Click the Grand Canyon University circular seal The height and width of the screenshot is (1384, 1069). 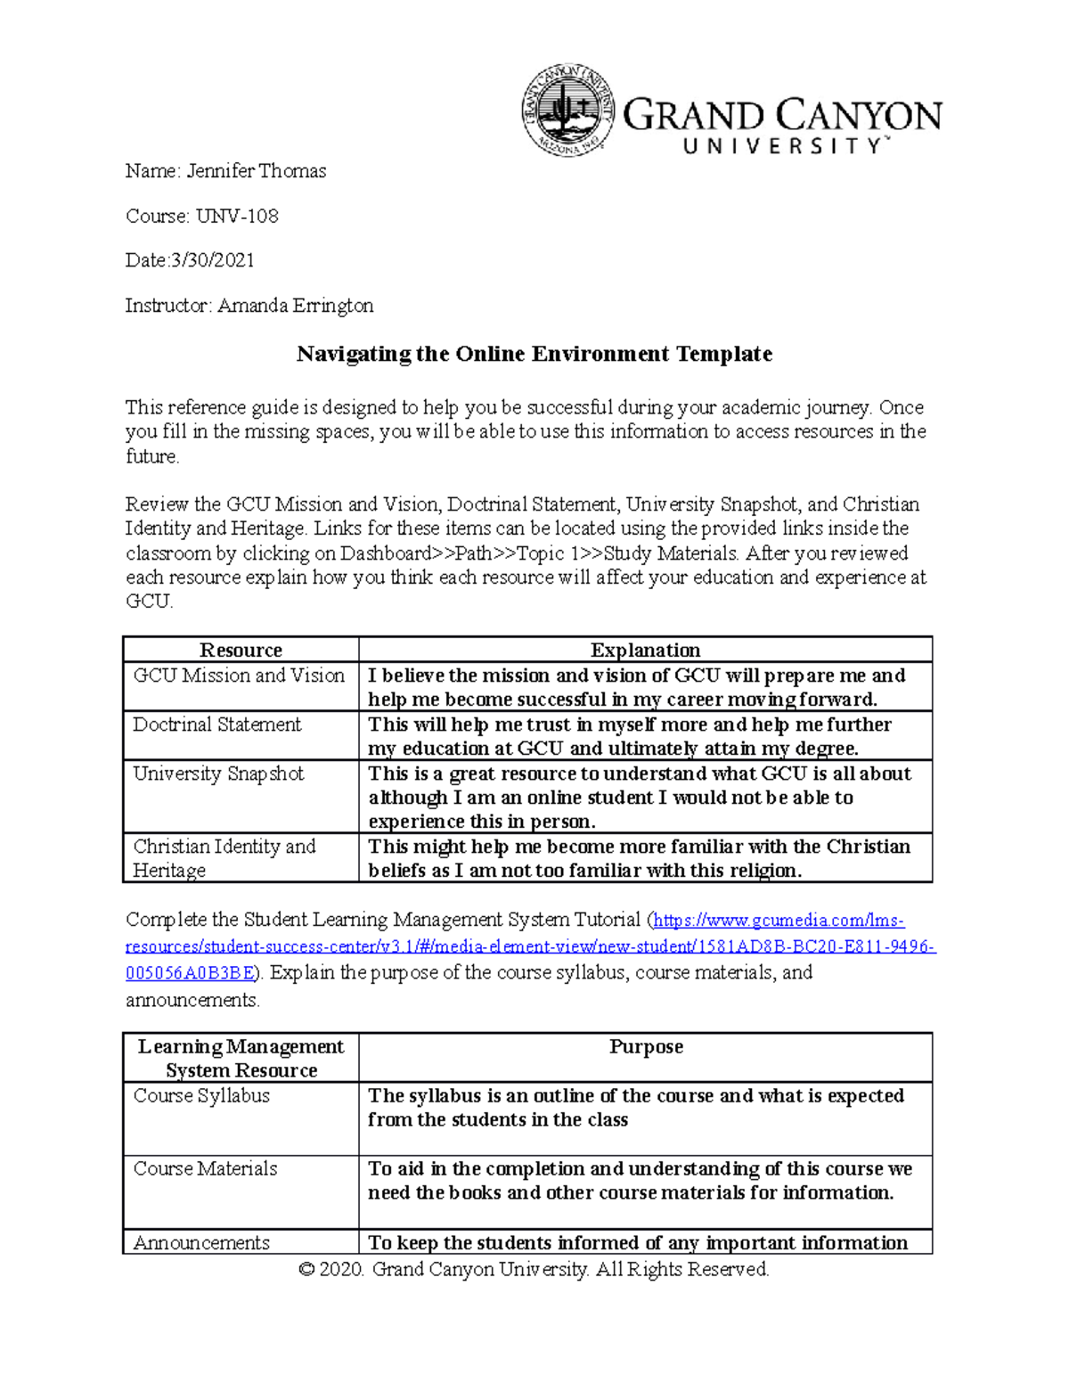pos(567,111)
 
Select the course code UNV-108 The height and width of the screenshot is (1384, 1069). pos(238,216)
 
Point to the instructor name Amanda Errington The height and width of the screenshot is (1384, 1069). pos(295,306)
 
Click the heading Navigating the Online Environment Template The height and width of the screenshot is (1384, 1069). pos(534,354)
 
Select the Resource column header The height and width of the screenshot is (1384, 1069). pos(241,650)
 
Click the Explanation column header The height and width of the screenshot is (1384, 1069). pos(645,650)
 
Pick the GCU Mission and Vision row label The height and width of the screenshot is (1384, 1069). pos(239,676)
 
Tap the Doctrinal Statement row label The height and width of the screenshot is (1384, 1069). pos(217,725)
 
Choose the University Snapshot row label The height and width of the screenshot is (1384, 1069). pos(218,774)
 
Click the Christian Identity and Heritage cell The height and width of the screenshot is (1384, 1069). pos(224,858)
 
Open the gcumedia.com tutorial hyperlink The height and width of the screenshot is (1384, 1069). pos(531,946)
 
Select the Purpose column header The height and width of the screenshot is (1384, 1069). pos(646,1046)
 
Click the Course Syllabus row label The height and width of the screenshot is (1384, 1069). pos(201,1095)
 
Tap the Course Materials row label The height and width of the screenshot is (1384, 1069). pos(205,1168)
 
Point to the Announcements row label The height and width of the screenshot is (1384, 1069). pos(201,1242)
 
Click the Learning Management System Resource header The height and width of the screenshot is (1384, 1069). pos(241,1058)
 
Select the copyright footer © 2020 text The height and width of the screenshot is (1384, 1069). pos(534,1269)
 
